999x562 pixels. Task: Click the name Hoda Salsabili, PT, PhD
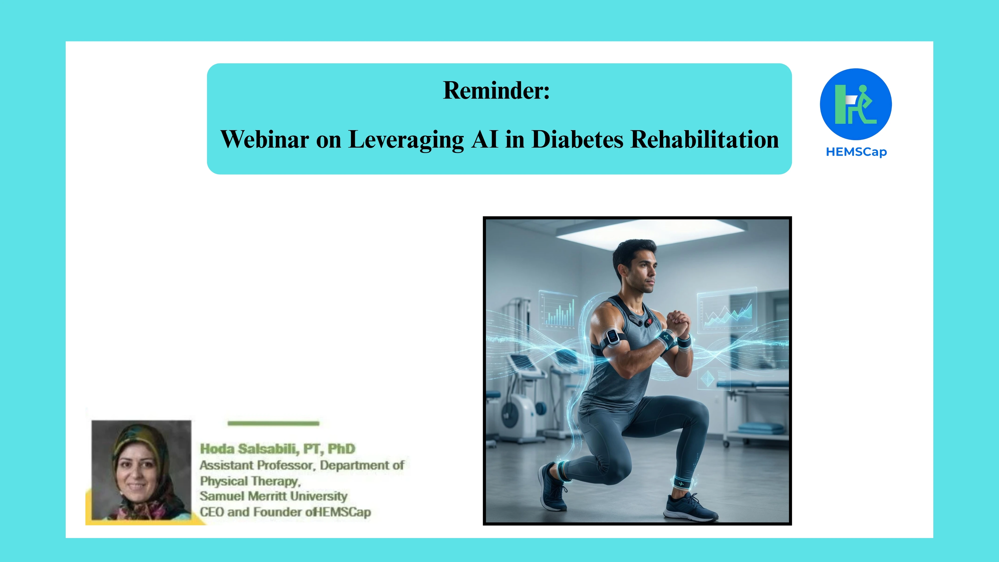[277, 449]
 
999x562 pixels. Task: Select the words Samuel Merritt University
[273, 496]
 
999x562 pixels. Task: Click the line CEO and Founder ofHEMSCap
[285, 512]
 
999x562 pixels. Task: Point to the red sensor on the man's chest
[649, 321]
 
